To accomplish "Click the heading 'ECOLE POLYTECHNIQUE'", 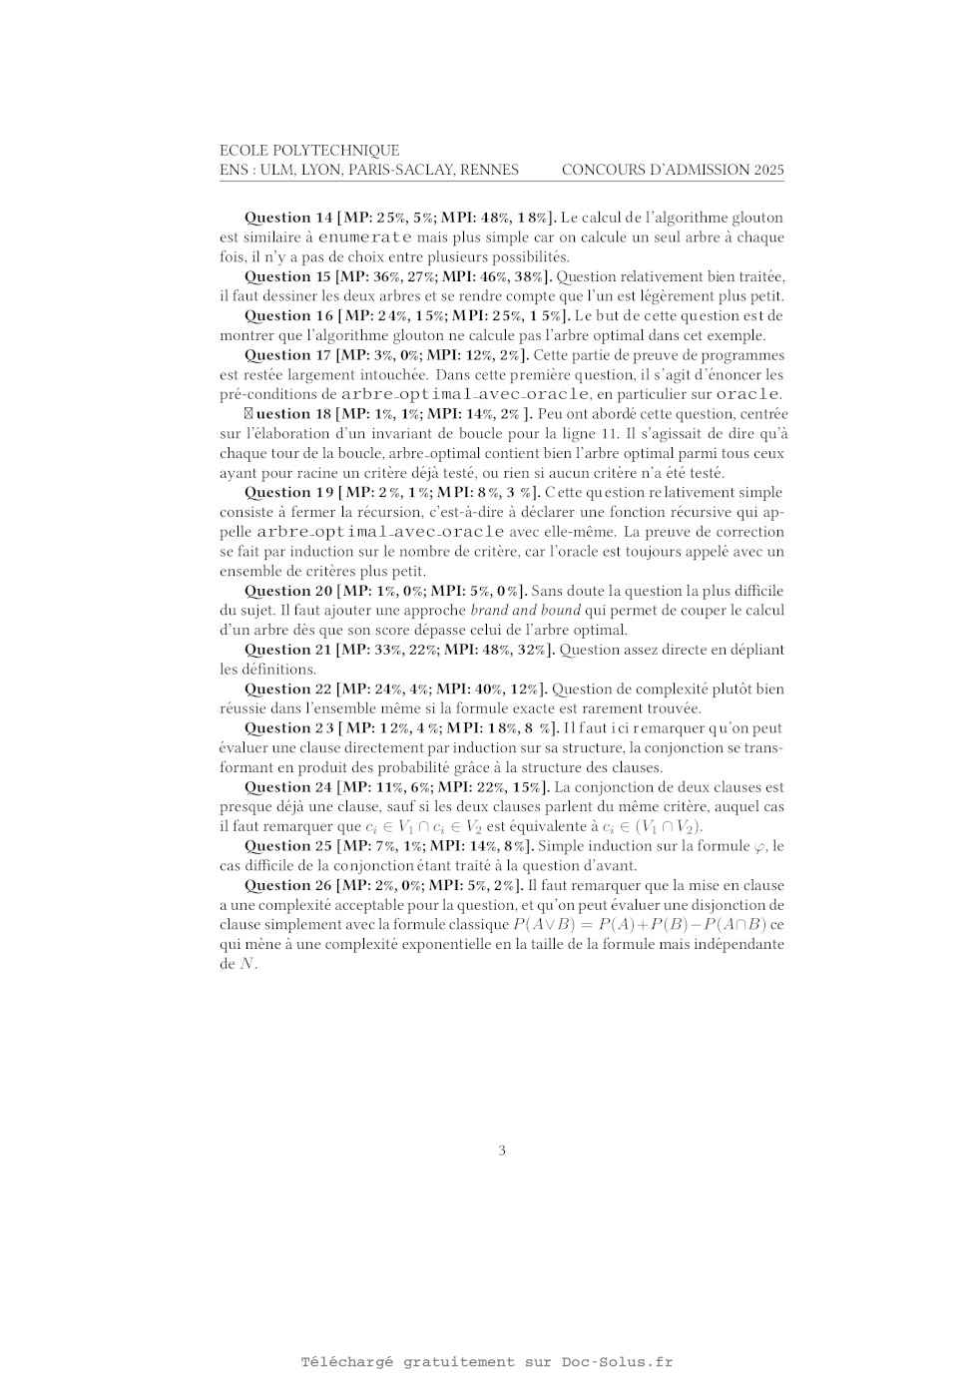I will (309, 151).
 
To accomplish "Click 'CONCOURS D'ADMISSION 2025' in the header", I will (673, 170).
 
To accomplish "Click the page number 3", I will (502, 1151).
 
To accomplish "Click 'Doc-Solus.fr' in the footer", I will (617, 1362).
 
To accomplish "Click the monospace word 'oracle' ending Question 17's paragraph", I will (747, 394).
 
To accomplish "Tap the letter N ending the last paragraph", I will (246, 964).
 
